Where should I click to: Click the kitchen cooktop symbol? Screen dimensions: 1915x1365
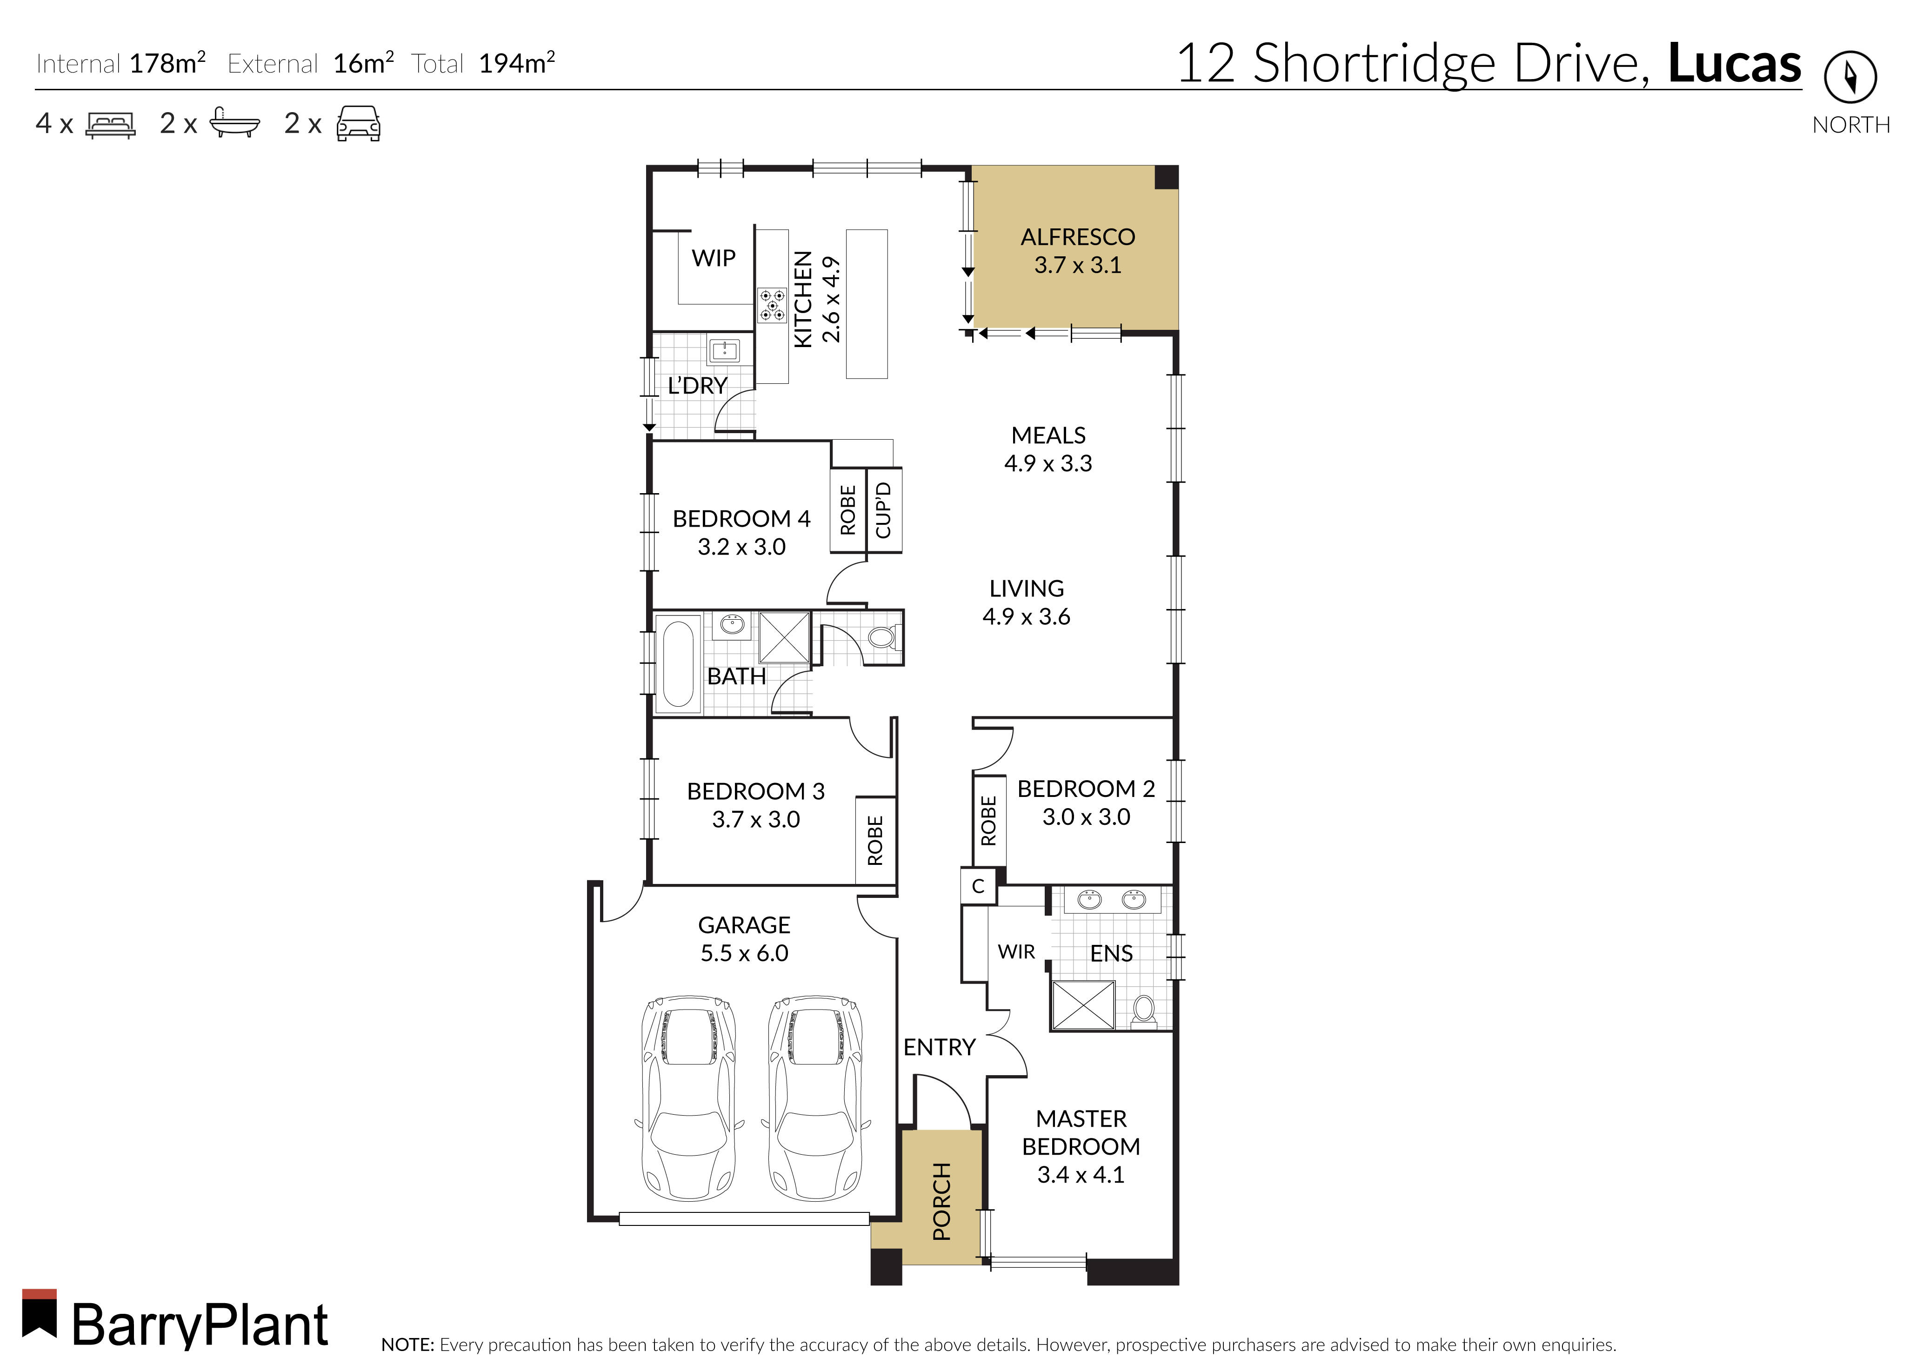click(772, 306)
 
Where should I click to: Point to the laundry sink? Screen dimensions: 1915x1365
click(723, 350)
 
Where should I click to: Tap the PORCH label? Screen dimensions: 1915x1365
click(942, 1202)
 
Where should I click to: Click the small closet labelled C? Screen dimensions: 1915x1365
click(978, 886)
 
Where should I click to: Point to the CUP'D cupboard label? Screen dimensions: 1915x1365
click(883, 510)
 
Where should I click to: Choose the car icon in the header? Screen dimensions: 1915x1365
click(359, 124)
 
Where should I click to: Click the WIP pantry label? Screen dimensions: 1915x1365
click(714, 258)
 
